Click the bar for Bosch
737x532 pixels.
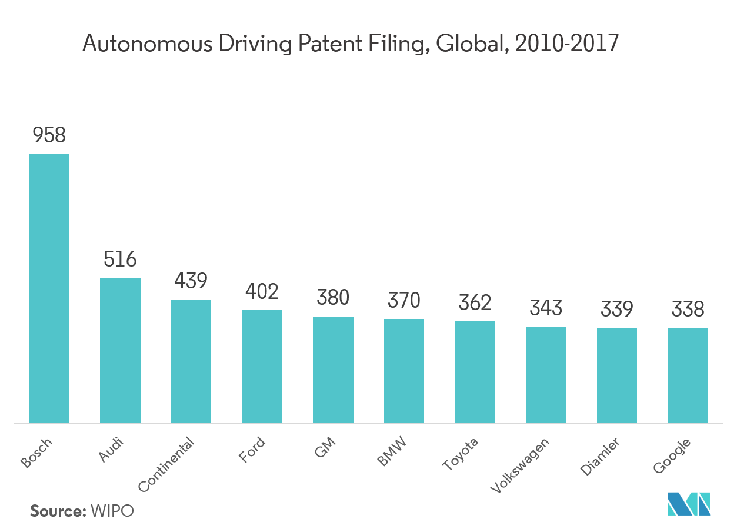pyautogui.click(x=49, y=288)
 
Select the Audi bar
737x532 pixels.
pyautogui.click(x=120, y=350)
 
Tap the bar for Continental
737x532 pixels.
pyautogui.click(x=191, y=361)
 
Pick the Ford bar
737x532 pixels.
pyautogui.click(x=262, y=366)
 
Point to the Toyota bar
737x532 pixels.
pyautogui.click(x=475, y=371)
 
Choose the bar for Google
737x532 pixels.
pyautogui.click(x=688, y=375)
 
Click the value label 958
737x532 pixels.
pyautogui.click(x=49, y=136)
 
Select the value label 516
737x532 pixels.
pyautogui.click(x=120, y=260)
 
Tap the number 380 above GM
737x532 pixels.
pyautogui.click(x=333, y=298)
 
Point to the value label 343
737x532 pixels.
pyautogui.click(x=546, y=308)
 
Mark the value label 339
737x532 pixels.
pyautogui.click(x=617, y=309)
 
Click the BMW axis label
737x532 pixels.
pyautogui.click(x=392, y=451)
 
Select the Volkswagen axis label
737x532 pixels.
pyautogui.click(x=521, y=465)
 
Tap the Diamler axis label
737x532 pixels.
pyautogui.click(x=600, y=457)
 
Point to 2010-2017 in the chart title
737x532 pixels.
pyautogui.click(x=566, y=44)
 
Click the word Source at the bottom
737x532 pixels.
pyautogui.click(x=58, y=511)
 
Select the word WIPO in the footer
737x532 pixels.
pyautogui.click(x=112, y=511)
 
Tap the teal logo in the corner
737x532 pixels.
pyautogui.click(x=689, y=504)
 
